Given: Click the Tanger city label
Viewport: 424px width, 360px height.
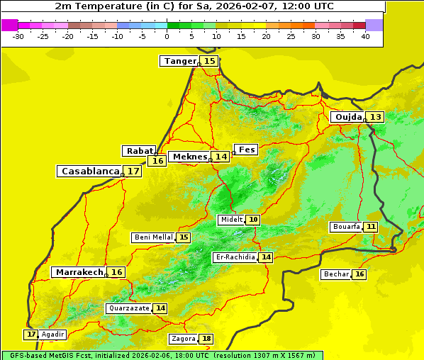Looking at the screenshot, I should (179, 61).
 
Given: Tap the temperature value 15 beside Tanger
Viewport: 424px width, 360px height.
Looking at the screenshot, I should (210, 61).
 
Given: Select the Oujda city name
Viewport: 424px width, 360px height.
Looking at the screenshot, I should (348, 117).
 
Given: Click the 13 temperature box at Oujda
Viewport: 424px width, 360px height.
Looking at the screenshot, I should (375, 117).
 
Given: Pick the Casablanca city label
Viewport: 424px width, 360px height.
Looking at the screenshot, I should (90, 171).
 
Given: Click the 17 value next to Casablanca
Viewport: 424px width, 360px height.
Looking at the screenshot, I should (133, 171).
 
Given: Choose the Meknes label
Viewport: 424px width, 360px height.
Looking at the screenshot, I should (190, 156).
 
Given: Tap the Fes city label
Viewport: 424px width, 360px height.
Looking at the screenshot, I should (247, 150).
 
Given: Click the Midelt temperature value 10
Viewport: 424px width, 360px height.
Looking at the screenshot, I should (253, 220).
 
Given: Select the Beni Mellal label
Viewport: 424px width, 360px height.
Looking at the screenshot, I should (153, 237).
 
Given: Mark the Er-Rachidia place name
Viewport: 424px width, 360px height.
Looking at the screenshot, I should (235, 257).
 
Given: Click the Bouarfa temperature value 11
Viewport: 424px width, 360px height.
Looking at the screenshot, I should (371, 227).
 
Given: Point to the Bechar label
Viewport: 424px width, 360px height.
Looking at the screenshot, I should (336, 274).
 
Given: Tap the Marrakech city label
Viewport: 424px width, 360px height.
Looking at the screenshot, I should (79, 272).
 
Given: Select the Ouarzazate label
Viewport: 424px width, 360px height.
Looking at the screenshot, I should (129, 308).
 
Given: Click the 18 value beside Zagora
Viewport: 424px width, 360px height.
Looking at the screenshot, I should (206, 339).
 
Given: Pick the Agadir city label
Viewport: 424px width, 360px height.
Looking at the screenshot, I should (53, 334).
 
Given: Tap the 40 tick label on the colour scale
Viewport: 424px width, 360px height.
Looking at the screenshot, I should (365, 36).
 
